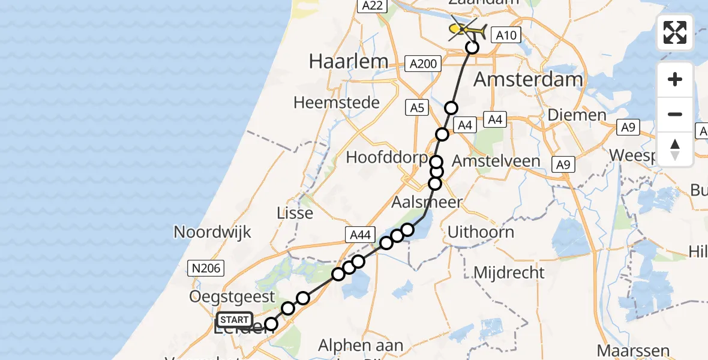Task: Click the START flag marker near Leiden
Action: pos(235,320)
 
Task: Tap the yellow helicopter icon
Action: pos(467,29)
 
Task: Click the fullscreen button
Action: pos(675,32)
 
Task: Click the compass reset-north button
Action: pos(675,149)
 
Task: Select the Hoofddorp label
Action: pos(386,158)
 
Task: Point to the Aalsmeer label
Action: pos(427,202)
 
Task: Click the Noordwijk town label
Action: pos(212,232)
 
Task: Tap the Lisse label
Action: pos(295,212)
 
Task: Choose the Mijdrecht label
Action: pos(509,272)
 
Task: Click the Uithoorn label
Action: pos(481,232)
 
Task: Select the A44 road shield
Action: pos(359,235)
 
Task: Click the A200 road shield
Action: pos(423,63)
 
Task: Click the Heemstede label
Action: pos(336,103)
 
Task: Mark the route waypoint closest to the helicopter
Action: pos(472,47)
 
